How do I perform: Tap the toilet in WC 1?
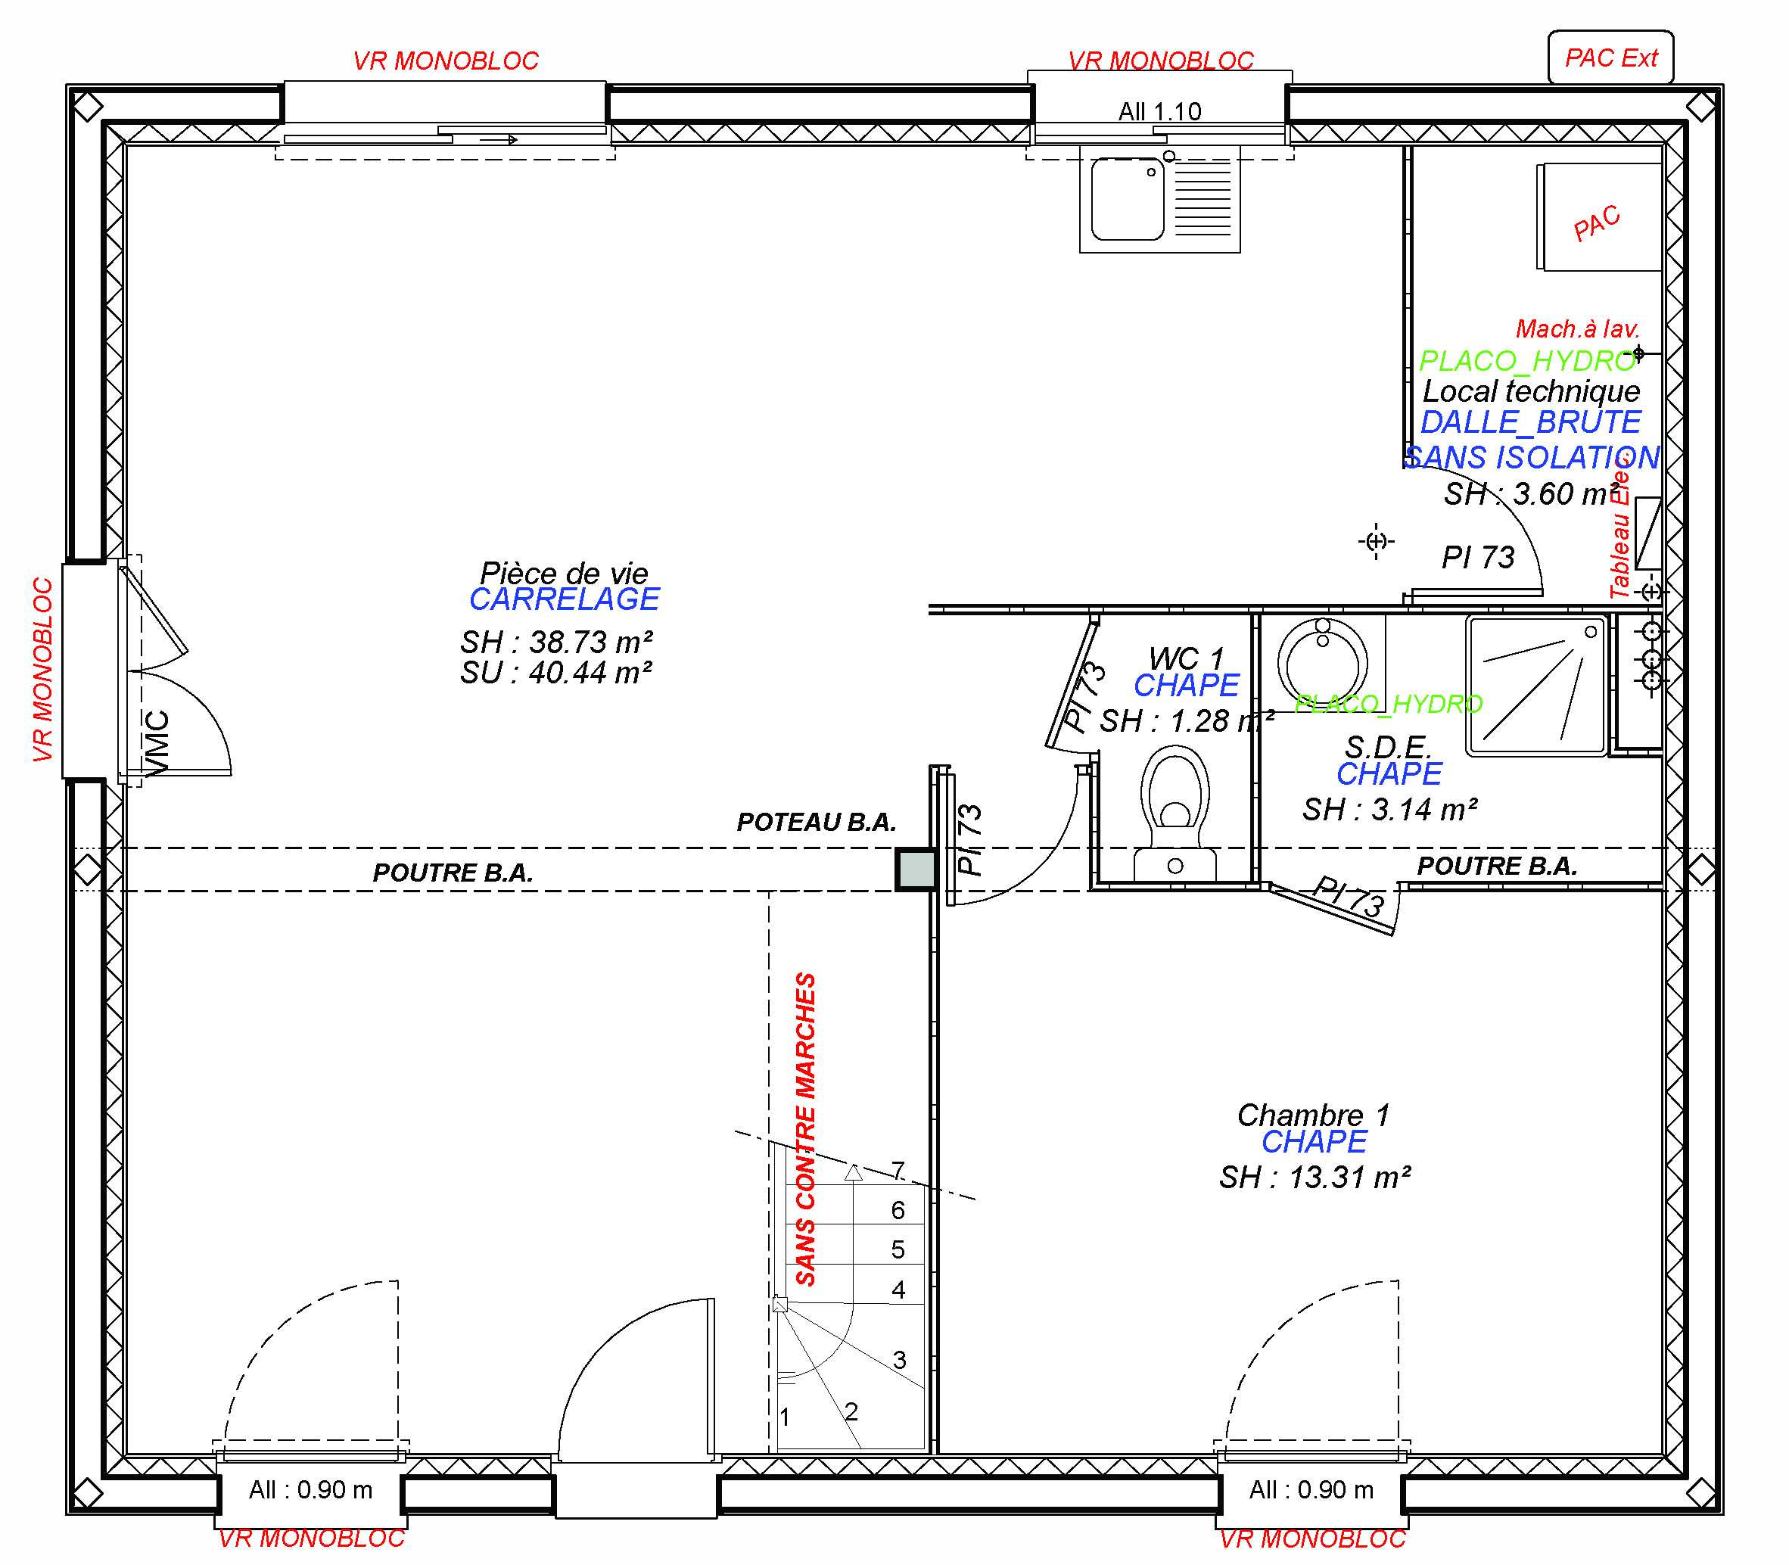click(x=1175, y=804)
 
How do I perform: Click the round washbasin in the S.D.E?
click(x=1322, y=660)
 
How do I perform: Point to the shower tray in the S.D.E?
click(x=1537, y=686)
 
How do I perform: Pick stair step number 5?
click(x=898, y=1249)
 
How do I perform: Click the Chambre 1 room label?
click(x=1313, y=1115)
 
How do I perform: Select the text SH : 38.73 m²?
click(x=556, y=642)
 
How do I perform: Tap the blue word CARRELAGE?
click(x=564, y=599)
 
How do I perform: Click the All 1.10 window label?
click(x=1159, y=112)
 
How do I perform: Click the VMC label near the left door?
click(x=157, y=742)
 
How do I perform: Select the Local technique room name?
click(x=1530, y=391)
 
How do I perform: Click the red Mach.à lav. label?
click(x=1577, y=329)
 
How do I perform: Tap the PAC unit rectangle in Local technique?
click(x=1598, y=216)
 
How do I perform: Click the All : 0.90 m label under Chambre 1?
click(x=1311, y=1490)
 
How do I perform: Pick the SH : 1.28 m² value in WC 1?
click(x=1186, y=721)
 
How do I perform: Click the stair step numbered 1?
click(x=784, y=1417)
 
